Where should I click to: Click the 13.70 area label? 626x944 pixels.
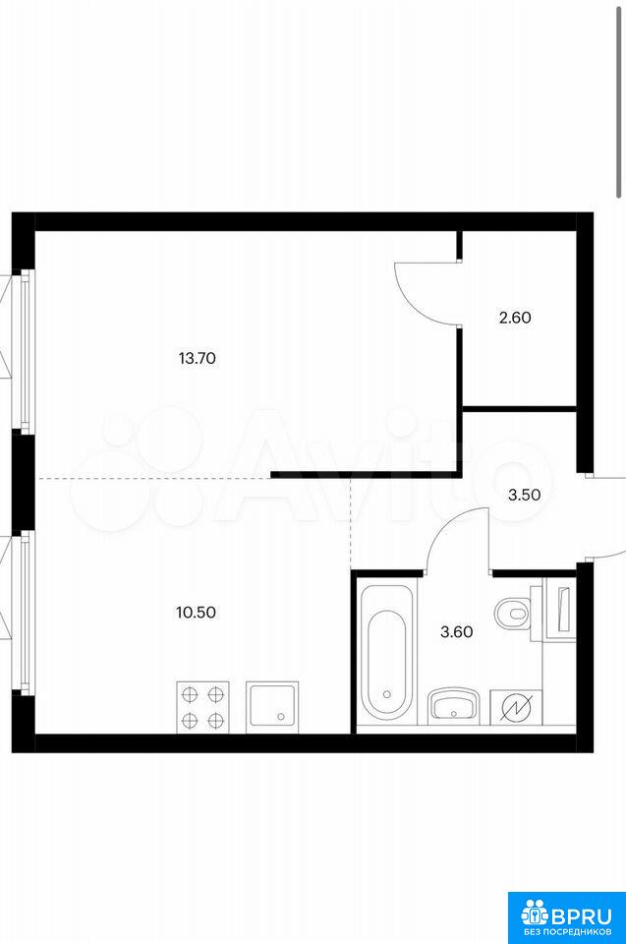(x=197, y=359)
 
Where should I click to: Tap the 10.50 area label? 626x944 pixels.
(x=196, y=613)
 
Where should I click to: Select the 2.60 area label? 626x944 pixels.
(x=515, y=318)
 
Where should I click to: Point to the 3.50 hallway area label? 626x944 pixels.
(x=524, y=496)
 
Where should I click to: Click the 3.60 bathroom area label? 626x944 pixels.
(x=457, y=632)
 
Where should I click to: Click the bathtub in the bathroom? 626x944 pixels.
(x=386, y=651)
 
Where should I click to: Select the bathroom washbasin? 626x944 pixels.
(x=453, y=706)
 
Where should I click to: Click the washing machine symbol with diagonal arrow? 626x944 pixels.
(x=516, y=707)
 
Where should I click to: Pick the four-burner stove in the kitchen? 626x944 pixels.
(x=202, y=707)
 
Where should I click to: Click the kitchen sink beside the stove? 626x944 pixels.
(x=272, y=707)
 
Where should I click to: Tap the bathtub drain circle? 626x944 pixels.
(x=386, y=694)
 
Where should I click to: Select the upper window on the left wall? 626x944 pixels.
(x=25, y=351)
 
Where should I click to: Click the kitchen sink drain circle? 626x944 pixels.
(x=280, y=717)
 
